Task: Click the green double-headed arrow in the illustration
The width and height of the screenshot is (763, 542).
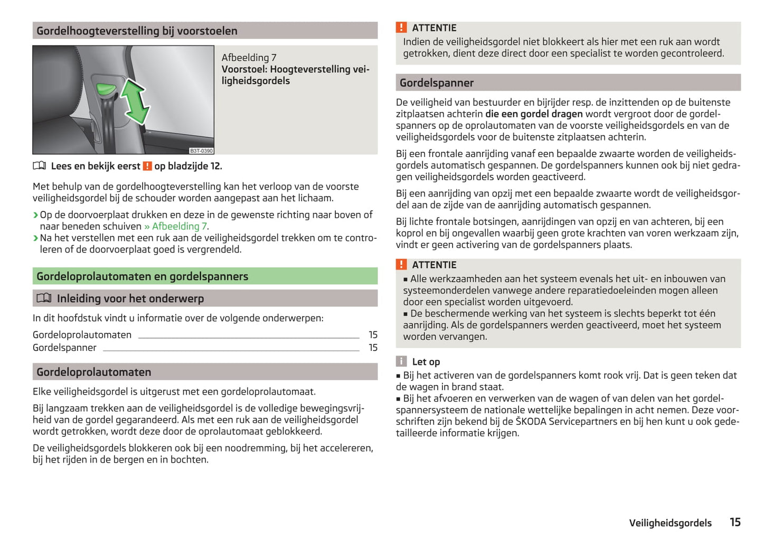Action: coord(135,102)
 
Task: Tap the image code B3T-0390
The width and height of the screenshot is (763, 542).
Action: coord(201,151)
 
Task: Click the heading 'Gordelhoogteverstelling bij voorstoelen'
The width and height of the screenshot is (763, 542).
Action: coord(137,31)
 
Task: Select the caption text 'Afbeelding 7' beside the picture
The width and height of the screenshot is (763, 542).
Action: coord(249,58)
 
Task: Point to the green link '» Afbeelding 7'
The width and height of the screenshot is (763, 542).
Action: coord(176,226)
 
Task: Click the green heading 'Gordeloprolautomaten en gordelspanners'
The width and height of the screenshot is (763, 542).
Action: coord(142,276)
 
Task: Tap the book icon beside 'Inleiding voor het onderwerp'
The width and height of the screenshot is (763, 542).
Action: coord(44,298)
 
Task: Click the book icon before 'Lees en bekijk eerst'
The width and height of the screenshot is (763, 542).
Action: coord(40,166)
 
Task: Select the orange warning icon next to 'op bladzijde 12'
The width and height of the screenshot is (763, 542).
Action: coord(147,166)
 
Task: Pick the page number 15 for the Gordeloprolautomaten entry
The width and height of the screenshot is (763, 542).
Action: coord(373,335)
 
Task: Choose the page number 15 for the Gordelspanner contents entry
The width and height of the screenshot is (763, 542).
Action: coord(373,348)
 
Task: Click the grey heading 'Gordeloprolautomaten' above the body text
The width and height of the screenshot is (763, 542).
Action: coord(93,372)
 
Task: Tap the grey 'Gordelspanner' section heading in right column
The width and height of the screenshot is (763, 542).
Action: coord(436,83)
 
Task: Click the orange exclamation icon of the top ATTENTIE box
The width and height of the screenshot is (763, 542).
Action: coord(401,27)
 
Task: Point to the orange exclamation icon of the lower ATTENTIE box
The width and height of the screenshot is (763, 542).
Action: coord(401,265)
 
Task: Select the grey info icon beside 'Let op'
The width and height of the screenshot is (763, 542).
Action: coord(401,361)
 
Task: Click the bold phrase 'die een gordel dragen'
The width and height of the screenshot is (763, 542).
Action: coord(534,114)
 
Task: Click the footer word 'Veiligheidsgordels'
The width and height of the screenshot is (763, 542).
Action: coord(670,523)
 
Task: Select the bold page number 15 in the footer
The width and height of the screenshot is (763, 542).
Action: coord(735,522)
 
